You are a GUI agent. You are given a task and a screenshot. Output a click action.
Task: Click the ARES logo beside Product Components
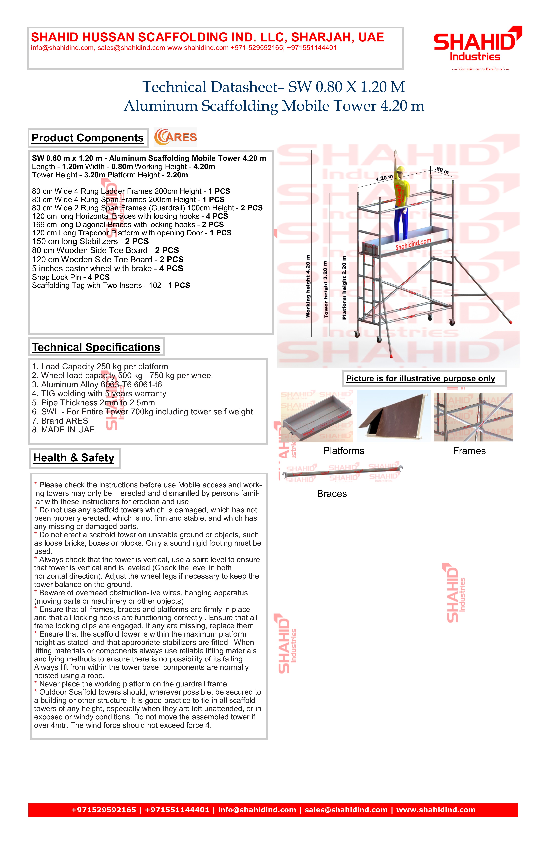[175, 137]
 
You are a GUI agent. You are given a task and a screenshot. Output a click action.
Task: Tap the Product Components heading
[88, 138]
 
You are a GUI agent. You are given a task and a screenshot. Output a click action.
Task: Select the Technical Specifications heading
[96, 347]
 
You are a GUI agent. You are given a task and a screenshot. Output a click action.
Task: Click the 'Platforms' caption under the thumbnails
[344, 451]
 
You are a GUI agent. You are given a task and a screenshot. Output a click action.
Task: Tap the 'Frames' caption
[469, 451]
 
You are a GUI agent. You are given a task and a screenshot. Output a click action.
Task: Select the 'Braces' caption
[332, 494]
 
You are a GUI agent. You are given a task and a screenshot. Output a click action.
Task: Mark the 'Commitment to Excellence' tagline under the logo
[480, 69]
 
